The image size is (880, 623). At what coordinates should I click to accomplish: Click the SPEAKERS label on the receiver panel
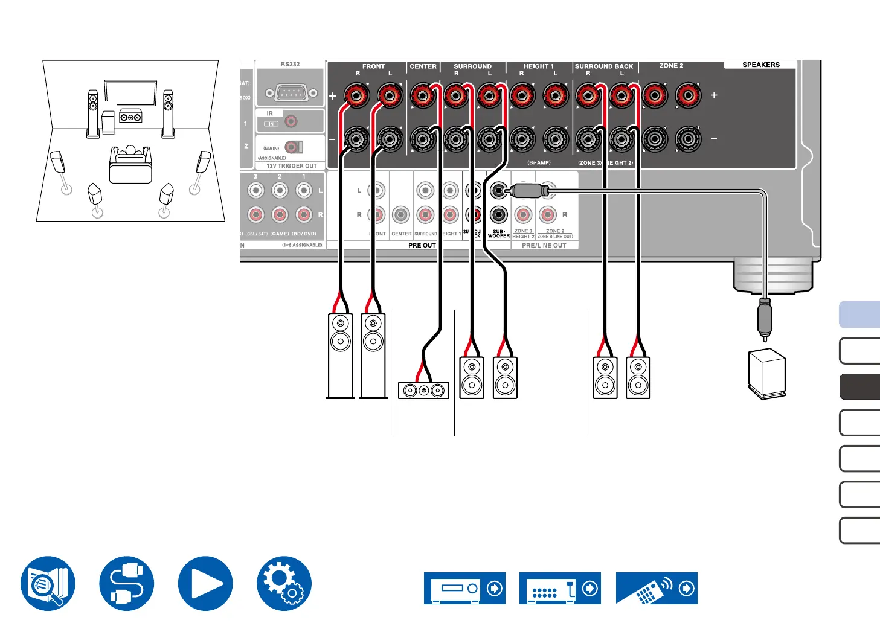click(x=760, y=65)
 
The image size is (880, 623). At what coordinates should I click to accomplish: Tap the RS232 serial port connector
click(x=292, y=94)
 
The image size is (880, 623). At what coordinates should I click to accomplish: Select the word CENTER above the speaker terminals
click(x=423, y=66)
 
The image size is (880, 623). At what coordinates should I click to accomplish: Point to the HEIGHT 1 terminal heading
click(x=538, y=66)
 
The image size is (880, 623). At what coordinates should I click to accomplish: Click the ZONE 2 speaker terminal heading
click(x=671, y=66)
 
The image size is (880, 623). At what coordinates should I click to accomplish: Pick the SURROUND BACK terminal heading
click(x=604, y=66)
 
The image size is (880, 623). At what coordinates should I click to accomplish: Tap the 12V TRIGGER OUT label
click(x=291, y=166)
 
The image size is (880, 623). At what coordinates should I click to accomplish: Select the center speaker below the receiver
click(x=423, y=391)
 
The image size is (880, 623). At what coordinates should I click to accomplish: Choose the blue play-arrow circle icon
click(x=205, y=583)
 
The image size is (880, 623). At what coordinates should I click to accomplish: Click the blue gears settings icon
click(x=284, y=583)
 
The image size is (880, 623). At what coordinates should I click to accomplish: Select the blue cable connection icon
click(x=127, y=583)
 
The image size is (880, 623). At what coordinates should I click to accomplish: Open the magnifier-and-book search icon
click(x=48, y=583)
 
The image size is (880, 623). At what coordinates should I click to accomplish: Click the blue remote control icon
click(x=657, y=588)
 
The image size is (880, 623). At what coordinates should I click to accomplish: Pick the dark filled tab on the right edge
click(x=860, y=387)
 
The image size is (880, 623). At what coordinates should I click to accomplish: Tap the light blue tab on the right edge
click(x=860, y=315)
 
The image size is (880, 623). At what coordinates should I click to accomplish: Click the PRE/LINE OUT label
click(x=544, y=246)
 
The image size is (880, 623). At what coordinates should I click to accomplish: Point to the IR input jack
click(x=291, y=122)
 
